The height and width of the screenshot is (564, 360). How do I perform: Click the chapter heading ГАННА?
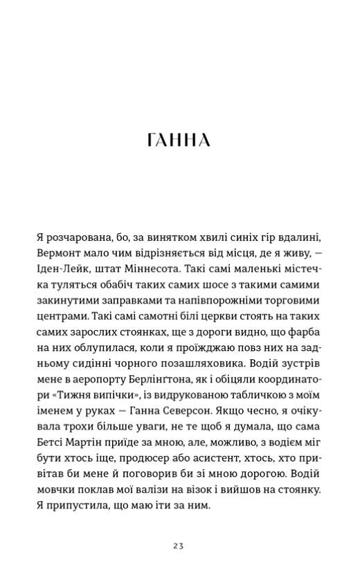[x=179, y=140]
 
